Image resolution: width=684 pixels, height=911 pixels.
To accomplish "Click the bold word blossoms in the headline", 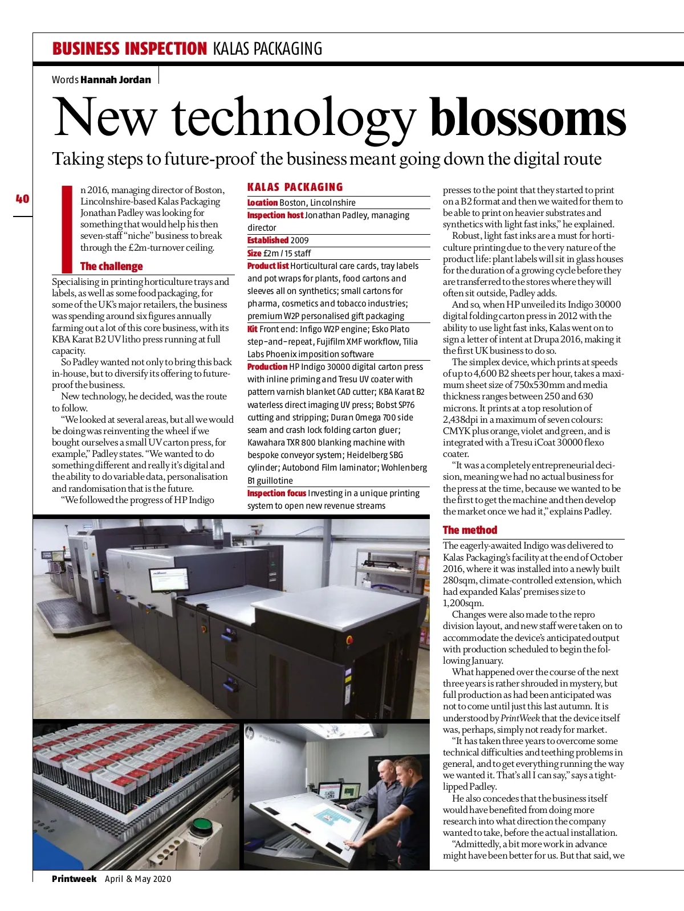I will [528, 118].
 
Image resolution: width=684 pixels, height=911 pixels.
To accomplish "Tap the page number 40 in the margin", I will [22, 199].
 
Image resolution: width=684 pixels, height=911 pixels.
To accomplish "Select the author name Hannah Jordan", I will [116, 80].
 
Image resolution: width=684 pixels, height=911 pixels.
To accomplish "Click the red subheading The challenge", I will [112, 266].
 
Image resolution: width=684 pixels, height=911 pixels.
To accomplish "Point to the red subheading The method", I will [470, 530].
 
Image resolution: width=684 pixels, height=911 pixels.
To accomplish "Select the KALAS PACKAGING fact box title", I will [295, 187].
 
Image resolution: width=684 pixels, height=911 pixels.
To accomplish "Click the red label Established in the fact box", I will [268, 240].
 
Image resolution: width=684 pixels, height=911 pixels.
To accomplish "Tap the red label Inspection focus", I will [276, 493].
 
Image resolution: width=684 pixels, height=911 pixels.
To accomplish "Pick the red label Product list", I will [268, 266].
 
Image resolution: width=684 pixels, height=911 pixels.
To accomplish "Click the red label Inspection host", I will [275, 215].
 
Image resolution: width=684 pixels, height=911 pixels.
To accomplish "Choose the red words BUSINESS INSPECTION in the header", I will [129, 49].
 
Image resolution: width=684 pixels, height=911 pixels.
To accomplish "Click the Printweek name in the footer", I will [74, 879].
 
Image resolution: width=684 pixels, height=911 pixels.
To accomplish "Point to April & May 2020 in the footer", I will [138, 879].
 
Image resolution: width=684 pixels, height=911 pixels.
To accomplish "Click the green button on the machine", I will [201, 824].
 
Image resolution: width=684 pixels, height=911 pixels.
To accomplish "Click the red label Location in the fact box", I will [262, 203].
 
